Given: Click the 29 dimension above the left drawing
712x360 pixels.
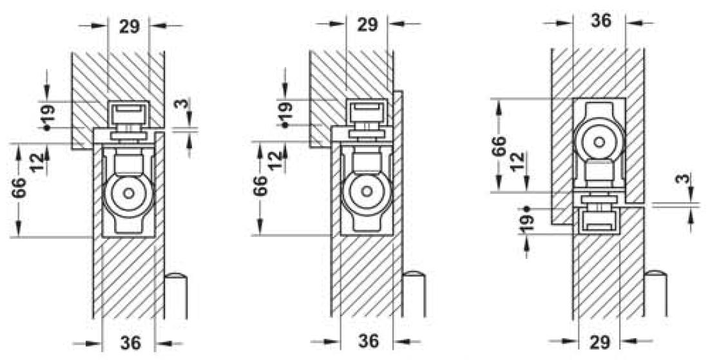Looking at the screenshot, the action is [130, 27].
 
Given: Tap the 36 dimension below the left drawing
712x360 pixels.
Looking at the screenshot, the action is [131, 343].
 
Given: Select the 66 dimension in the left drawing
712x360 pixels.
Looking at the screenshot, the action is [19, 188].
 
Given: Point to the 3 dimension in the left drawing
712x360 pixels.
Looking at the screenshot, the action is [182, 104].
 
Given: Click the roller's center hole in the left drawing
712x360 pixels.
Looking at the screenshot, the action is [129, 193].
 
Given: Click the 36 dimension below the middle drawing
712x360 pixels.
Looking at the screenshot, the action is [369, 341].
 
